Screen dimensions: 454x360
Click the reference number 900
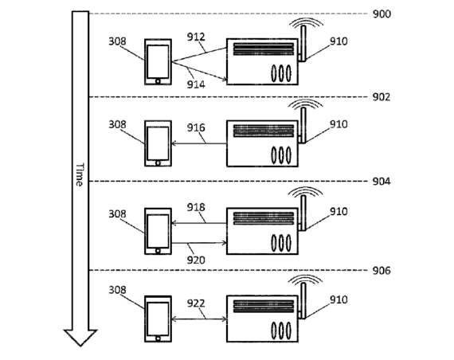click(382, 14)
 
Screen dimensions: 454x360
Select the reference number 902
click(381, 97)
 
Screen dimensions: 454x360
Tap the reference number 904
click(381, 182)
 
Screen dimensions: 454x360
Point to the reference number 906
click(381, 271)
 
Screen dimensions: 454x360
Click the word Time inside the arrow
click(80, 174)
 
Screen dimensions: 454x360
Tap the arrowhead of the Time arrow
click(80, 338)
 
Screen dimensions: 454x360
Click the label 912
click(196, 37)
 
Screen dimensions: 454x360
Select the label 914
click(196, 84)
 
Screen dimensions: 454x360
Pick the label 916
click(196, 127)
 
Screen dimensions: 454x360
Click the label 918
click(196, 207)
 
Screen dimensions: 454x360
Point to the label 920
click(196, 260)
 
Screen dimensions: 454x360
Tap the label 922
click(196, 303)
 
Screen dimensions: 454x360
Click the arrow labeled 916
click(199, 143)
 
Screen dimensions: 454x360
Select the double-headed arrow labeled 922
click(199, 319)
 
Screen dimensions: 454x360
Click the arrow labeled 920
click(199, 243)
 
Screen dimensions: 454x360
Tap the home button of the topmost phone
click(158, 81)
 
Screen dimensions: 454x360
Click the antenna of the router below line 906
click(303, 300)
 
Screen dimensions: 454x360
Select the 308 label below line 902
click(117, 124)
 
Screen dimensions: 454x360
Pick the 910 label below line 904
click(339, 212)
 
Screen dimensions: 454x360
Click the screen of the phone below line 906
click(158, 319)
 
